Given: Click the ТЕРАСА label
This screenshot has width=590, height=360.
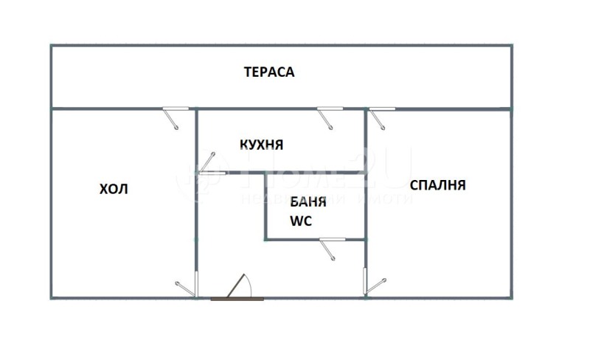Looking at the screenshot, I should pos(269,72).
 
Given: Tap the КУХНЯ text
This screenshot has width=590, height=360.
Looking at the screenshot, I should pos(262,145).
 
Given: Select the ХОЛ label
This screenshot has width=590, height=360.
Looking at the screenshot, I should pos(114,189).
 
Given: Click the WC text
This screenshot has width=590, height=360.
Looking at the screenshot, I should pos(302,220).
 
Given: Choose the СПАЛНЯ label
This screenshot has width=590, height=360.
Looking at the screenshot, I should pos(437,185).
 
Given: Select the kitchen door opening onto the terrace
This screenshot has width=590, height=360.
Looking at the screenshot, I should pos(327,117).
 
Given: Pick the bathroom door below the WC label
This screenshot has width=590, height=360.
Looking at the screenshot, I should pos(328,247).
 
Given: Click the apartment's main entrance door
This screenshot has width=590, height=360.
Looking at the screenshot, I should pos(240,287).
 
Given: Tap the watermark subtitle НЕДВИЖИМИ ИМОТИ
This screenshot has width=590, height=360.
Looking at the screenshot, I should pos(324,201).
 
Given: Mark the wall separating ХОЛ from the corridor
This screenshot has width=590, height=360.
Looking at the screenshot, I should pos(196,221).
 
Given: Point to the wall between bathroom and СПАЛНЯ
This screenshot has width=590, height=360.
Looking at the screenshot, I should pos(367,207).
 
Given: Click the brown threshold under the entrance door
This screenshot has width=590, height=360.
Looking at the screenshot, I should pos(236,299).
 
